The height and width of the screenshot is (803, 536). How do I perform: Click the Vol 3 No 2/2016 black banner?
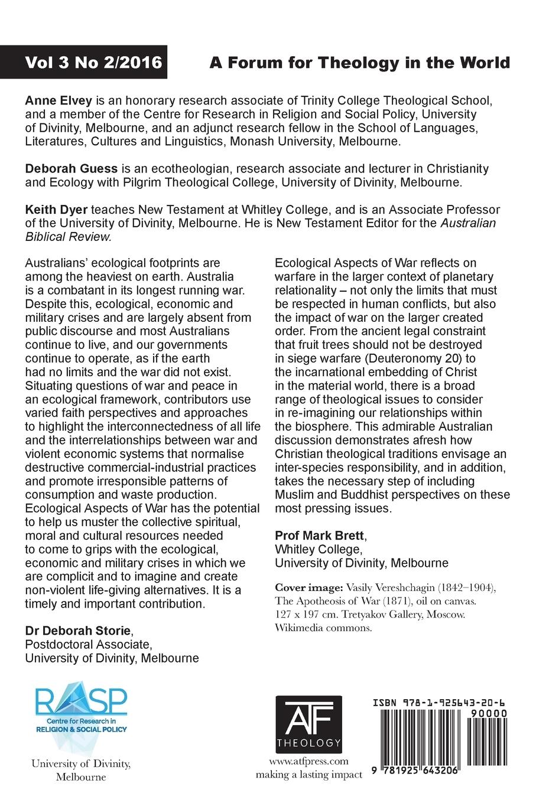85,62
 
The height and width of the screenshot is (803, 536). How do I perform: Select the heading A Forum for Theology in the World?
359,63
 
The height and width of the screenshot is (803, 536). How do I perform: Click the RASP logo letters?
81,702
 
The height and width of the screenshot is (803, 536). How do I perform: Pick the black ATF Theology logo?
308,722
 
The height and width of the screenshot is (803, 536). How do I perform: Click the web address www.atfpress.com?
308,761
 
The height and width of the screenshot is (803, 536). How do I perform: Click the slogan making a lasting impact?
308,775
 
